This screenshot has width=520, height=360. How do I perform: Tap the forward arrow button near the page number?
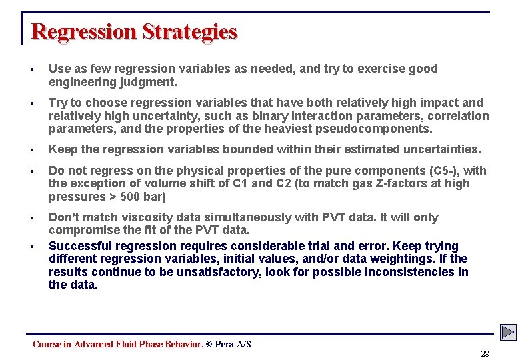(x=509, y=332)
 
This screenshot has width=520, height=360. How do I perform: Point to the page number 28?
(x=485, y=354)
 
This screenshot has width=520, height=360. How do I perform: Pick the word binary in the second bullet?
(x=271, y=116)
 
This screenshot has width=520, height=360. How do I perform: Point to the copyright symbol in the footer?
(x=209, y=344)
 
